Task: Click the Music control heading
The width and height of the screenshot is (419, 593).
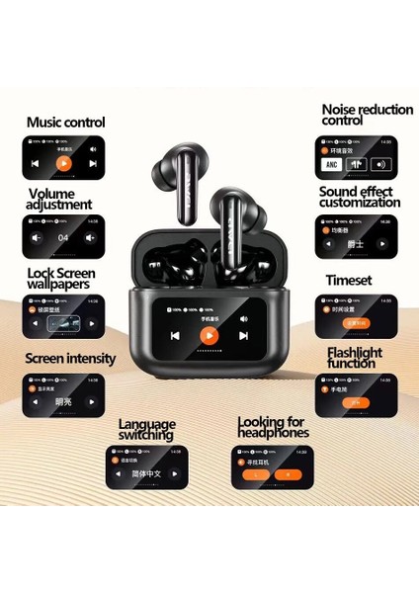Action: pos(65,123)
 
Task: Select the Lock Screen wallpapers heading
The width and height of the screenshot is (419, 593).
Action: pos(60,277)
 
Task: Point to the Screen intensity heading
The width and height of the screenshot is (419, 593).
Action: pos(69,359)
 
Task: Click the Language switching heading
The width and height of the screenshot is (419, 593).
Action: pos(146,429)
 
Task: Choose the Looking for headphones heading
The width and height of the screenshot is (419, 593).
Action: pos(273,427)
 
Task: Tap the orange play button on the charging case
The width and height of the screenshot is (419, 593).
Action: pos(208,335)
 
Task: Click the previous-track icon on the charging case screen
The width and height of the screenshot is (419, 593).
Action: pos(174,335)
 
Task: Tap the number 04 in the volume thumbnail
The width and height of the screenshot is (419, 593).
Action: pos(62,237)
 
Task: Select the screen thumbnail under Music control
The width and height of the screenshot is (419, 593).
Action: pos(62,158)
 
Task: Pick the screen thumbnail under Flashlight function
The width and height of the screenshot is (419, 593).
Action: pos(356,395)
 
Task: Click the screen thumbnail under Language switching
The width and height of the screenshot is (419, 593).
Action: pos(145,466)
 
